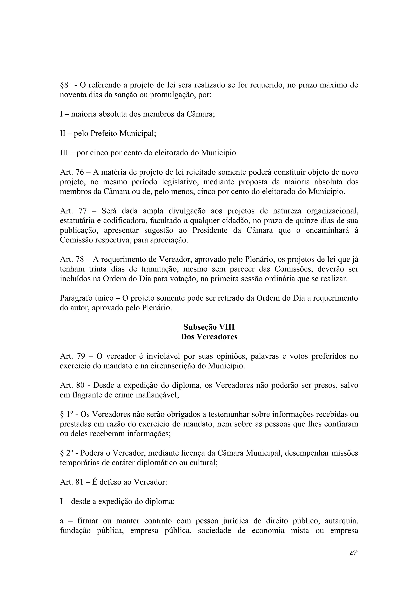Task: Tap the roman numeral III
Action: [64, 153]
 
